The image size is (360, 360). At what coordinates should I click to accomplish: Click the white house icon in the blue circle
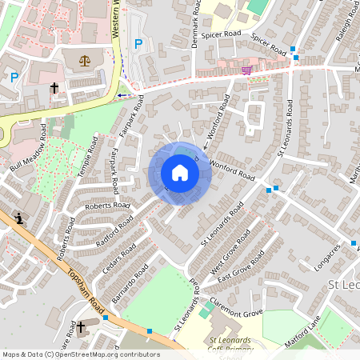tap(180, 173)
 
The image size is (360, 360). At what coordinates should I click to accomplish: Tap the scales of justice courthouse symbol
tap(86, 60)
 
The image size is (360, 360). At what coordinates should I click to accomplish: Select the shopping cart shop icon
tap(246, 70)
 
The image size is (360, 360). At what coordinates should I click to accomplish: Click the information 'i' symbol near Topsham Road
tap(18, 217)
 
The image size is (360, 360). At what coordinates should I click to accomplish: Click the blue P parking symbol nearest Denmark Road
tap(138, 44)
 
